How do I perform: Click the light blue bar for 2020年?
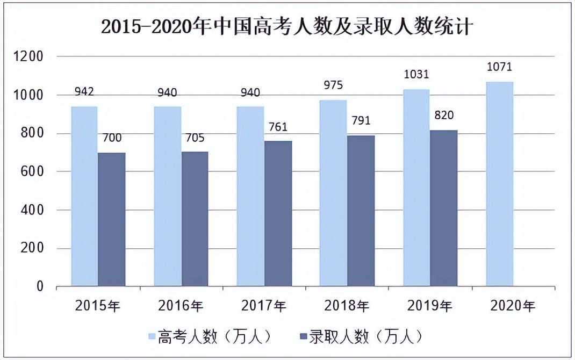pyautogui.click(x=499, y=184)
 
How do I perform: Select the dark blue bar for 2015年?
pyautogui.click(x=112, y=219)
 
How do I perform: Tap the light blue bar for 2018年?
pyautogui.click(x=333, y=193)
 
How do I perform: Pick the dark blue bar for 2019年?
pyautogui.click(x=444, y=208)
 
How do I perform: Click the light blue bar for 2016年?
pyautogui.click(x=167, y=196)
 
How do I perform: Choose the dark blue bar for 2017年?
pyautogui.click(x=278, y=213)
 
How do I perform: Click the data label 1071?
pyautogui.click(x=500, y=68)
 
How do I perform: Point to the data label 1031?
pyautogui.click(x=416, y=75)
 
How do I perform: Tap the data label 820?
pyautogui.click(x=444, y=115)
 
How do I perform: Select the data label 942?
pyautogui.click(x=84, y=92)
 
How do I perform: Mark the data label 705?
pyautogui.click(x=195, y=138)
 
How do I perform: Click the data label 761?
pyautogui.click(x=278, y=127)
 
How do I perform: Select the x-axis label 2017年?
pyautogui.click(x=264, y=306)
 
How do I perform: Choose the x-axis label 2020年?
pyautogui.click(x=513, y=306)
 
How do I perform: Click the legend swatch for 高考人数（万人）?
pyautogui.click(x=153, y=337)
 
